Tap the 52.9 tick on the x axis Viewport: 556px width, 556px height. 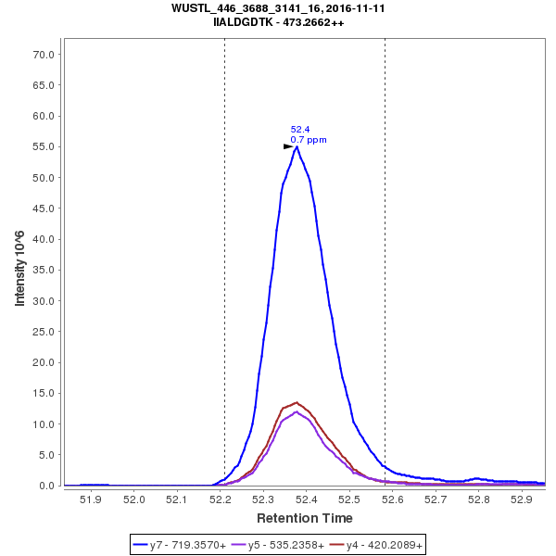pyautogui.click(x=523, y=500)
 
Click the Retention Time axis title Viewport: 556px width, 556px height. pyautogui.click(x=305, y=517)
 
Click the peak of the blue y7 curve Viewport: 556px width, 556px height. pyautogui.click(x=297, y=145)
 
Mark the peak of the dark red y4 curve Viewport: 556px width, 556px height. pyautogui.click(x=297, y=402)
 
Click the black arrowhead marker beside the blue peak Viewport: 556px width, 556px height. pyautogui.click(x=288, y=146)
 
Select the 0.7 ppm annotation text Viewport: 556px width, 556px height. pyautogui.click(x=309, y=140)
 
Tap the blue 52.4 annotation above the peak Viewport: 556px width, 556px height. pyautogui.click(x=300, y=130)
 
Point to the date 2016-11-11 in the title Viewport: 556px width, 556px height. pyautogui.click(x=353, y=7)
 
